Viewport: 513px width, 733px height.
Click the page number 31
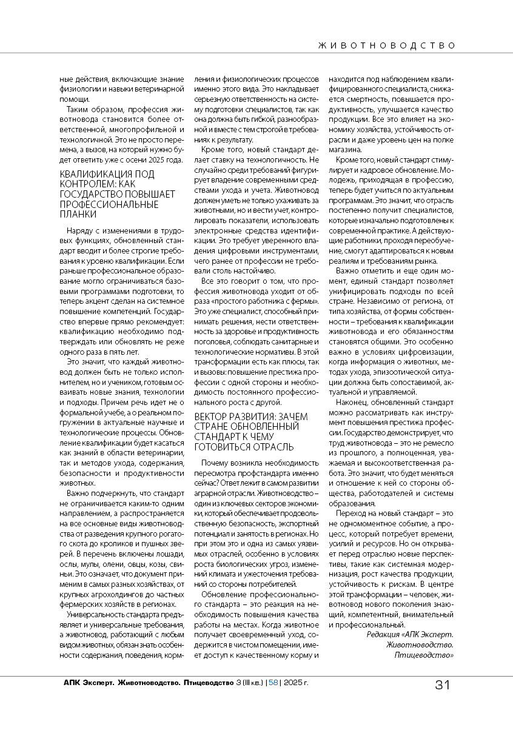[x=442, y=685]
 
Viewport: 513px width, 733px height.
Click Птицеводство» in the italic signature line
[x=424, y=655]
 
